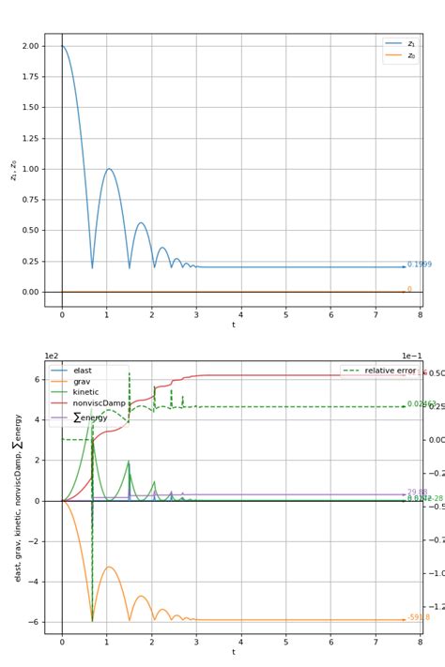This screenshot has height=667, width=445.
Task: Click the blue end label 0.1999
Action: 420,265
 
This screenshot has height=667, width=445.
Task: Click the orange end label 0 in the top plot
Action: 409,290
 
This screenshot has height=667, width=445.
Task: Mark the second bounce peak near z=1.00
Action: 109,170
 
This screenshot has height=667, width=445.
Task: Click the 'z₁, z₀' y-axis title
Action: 13,169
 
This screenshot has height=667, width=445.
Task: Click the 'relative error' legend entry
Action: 388,371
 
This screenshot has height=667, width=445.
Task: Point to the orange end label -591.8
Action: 419,617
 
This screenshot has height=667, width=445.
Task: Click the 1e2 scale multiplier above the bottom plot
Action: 53,356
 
